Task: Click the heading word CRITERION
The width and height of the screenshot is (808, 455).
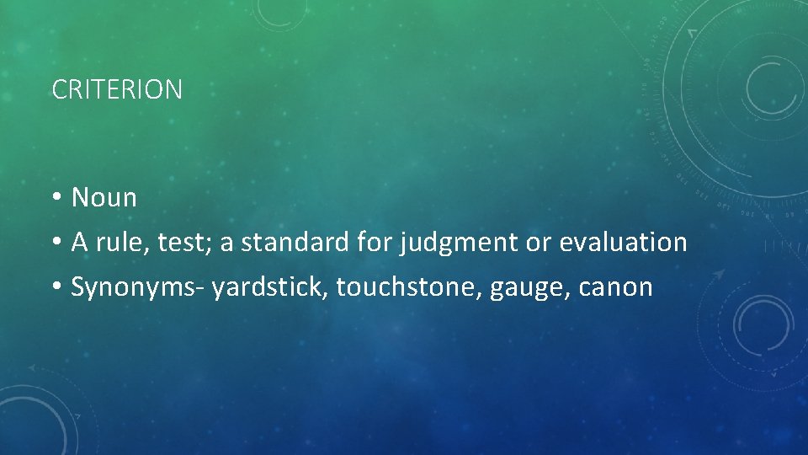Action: tap(117, 89)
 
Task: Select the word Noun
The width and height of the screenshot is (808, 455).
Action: tap(104, 198)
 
